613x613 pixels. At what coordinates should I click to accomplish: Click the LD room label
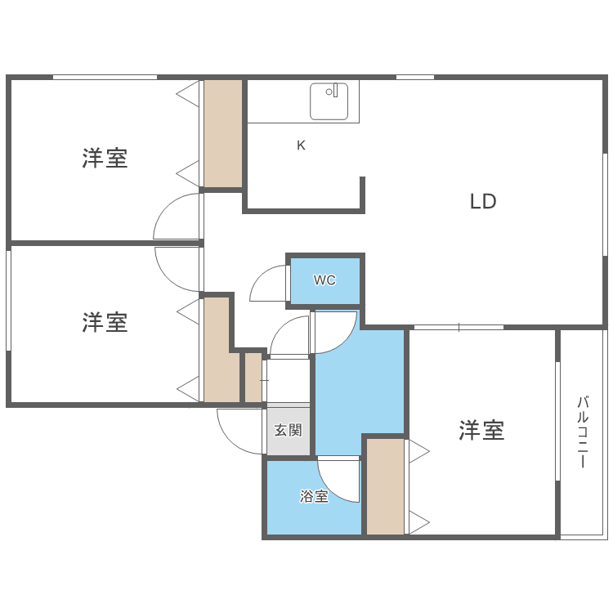(x=483, y=201)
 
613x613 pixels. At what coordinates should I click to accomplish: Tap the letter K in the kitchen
(x=301, y=145)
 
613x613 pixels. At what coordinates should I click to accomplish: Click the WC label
(x=324, y=280)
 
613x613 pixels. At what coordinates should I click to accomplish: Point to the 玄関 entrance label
(x=288, y=430)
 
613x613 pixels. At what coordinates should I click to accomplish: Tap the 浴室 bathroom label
(x=314, y=496)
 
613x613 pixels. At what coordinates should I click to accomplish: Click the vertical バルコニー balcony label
(x=583, y=432)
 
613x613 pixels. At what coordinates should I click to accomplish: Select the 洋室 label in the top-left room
(x=105, y=158)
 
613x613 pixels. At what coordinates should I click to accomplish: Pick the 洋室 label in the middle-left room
(x=105, y=322)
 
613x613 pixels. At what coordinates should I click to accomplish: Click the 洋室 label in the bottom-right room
(x=481, y=430)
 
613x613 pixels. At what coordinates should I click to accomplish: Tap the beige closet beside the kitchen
(x=223, y=134)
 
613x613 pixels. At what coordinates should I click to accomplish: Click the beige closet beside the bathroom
(x=385, y=487)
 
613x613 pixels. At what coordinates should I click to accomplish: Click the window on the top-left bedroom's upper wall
(x=105, y=78)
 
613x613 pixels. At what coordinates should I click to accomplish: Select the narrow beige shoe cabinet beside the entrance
(x=253, y=378)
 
